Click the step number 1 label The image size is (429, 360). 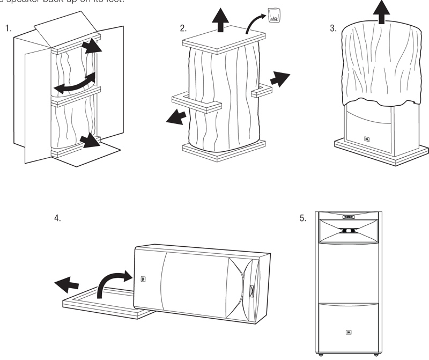[x=8, y=28]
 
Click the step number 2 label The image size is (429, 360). [x=183, y=28]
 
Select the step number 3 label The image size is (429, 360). [x=332, y=28]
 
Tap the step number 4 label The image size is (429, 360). [x=57, y=218]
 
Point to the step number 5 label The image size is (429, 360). [x=304, y=218]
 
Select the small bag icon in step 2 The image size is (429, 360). [x=273, y=16]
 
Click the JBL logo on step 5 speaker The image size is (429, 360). [x=349, y=332]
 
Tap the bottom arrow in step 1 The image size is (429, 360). [x=88, y=142]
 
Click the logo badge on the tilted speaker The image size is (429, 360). [x=143, y=278]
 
